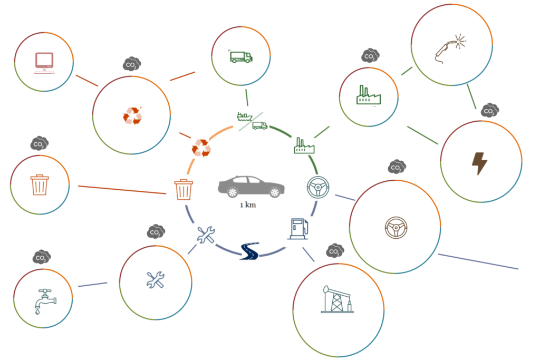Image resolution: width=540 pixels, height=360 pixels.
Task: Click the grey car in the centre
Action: [251, 186]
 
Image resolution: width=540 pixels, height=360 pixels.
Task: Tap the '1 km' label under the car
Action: [248, 205]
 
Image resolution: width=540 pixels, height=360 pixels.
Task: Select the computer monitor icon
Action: [44, 63]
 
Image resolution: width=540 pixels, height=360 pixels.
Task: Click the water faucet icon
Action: [45, 301]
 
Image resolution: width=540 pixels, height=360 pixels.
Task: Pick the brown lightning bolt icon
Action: [479, 163]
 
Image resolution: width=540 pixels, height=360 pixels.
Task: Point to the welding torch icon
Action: [450, 48]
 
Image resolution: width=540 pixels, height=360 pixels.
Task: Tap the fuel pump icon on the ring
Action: [298, 229]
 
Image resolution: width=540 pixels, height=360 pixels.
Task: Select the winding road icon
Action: [249, 251]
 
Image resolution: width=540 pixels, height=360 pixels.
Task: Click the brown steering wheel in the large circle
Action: [396, 228]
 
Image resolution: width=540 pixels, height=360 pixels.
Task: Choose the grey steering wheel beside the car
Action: [318, 187]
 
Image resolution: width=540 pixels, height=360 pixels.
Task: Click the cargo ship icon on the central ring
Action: [244, 116]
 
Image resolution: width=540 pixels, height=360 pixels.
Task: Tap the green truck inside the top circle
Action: [241, 57]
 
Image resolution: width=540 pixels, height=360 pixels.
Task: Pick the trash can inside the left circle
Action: [40, 185]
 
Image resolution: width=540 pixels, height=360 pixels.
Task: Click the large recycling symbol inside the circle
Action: [132, 115]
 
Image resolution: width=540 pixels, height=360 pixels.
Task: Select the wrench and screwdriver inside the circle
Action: [156, 280]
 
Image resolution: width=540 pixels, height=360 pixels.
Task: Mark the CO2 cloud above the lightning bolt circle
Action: [489, 110]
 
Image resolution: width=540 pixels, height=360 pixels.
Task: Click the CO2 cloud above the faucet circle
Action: [41, 257]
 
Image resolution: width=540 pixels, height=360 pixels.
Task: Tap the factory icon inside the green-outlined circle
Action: [369, 95]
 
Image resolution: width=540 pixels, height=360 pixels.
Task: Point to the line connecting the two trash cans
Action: [122, 190]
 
